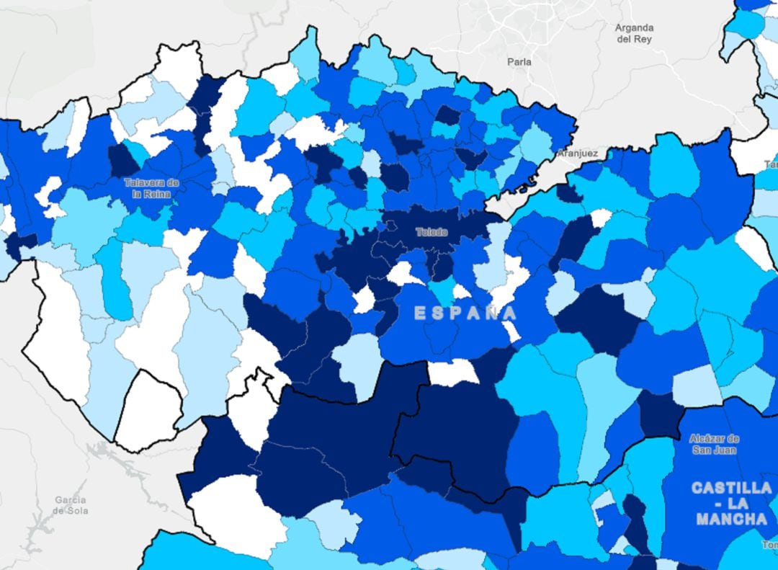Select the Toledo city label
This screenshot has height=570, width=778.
[x=432, y=232]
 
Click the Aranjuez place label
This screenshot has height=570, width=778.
[x=578, y=153]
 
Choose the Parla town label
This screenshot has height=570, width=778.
[x=519, y=62]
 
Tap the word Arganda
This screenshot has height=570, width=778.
[x=634, y=28]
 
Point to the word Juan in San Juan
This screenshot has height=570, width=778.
[x=724, y=450]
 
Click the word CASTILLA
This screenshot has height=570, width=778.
[x=731, y=488]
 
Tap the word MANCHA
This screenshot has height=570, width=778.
[x=731, y=518]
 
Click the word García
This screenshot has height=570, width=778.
[x=71, y=500]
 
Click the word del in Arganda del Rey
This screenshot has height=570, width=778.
[x=624, y=40]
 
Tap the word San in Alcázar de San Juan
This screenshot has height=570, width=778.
[x=702, y=450]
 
